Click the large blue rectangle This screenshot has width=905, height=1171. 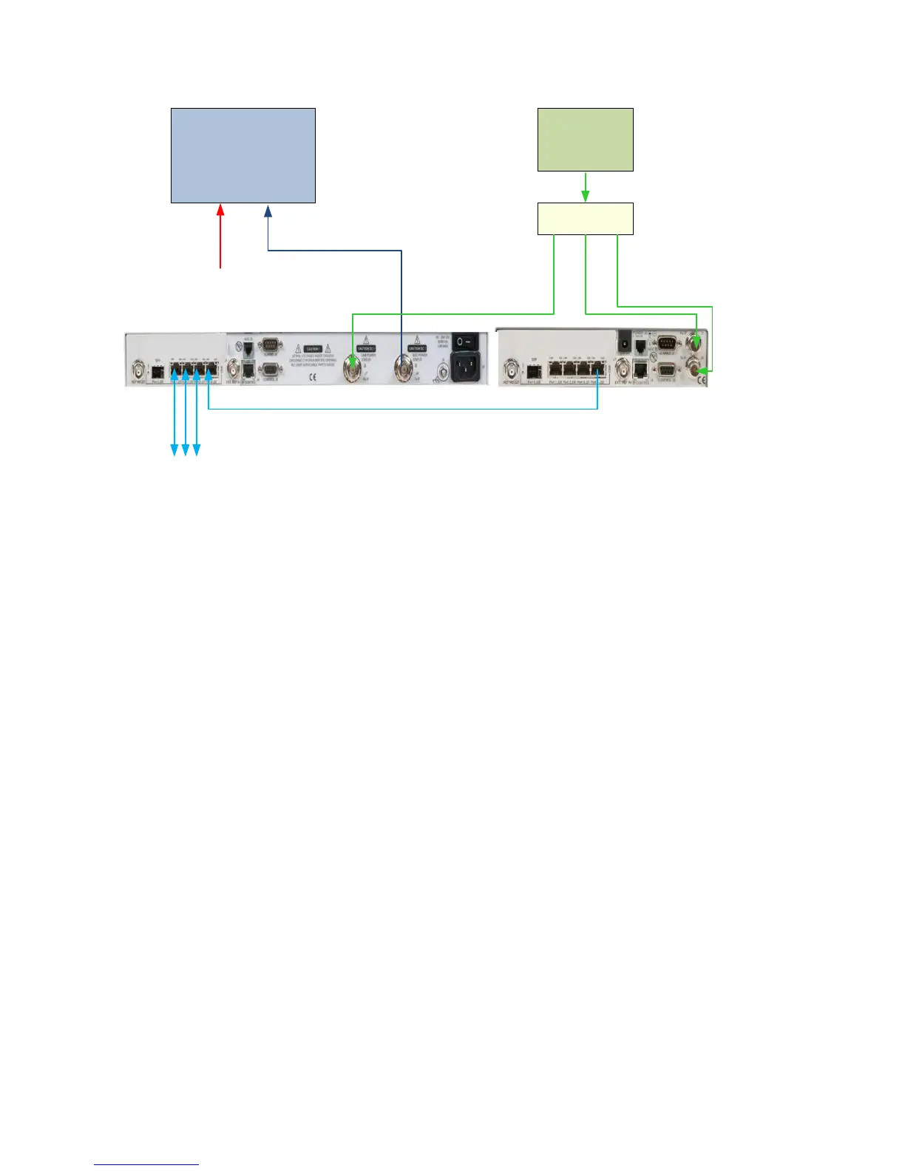pyautogui.click(x=243, y=155)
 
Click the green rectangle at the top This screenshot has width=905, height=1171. pyautogui.click(x=585, y=140)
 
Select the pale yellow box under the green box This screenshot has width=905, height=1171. pyautogui.click(x=585, y=219)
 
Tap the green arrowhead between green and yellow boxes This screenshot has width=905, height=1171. pyautogui.click(x=586, y=196)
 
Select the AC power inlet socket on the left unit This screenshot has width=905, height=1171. pyautogui.click(x=465, y=364)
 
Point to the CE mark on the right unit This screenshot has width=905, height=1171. pyautogui.click(x=702, y=380)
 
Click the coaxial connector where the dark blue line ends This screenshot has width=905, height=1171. pyautogui.click(x=404, y=367)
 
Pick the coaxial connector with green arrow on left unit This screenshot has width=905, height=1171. pyautogui.click(x=353, y=365)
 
